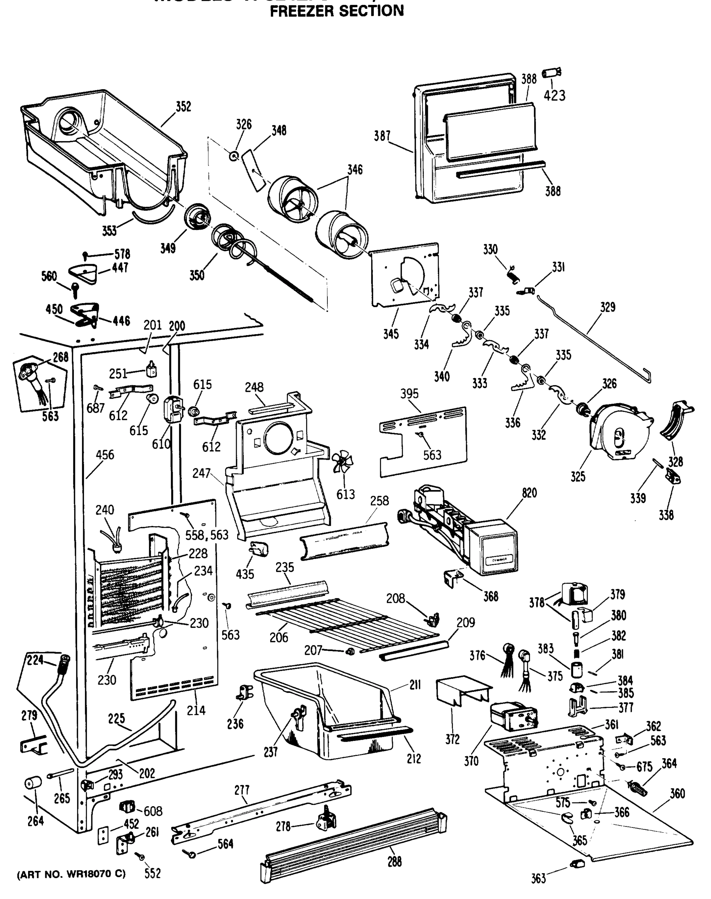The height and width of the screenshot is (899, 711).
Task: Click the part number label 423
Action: tap(554, 96)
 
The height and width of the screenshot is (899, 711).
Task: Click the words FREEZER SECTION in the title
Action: tap(337, 10)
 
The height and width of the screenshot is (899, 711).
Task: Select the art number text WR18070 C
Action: tap(71, 874)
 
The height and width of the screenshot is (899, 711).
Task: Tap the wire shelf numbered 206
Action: tap(345, 624)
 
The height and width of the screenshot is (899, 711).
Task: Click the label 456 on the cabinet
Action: tap(105, 454)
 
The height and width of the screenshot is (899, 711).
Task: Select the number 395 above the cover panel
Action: tap(409, 393)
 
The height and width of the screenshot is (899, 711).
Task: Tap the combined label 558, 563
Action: tap(207, 535)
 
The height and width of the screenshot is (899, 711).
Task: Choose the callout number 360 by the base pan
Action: tap(677, 794)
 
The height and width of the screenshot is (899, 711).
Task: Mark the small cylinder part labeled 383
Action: tap(577, 671)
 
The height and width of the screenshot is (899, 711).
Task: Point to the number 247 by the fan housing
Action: tap(201, 473)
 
